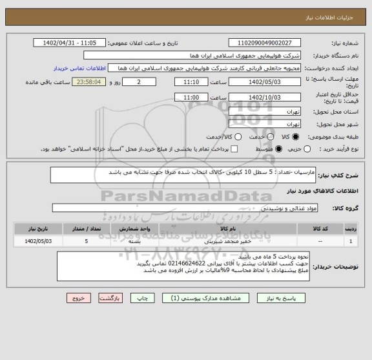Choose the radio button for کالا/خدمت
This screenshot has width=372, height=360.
[x=238, y=137]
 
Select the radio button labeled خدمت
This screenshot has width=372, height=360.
[x=266, y=137]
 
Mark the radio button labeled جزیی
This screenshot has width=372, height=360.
[x=306, y=149]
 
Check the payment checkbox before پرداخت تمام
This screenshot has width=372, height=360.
[x=234, y=149]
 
